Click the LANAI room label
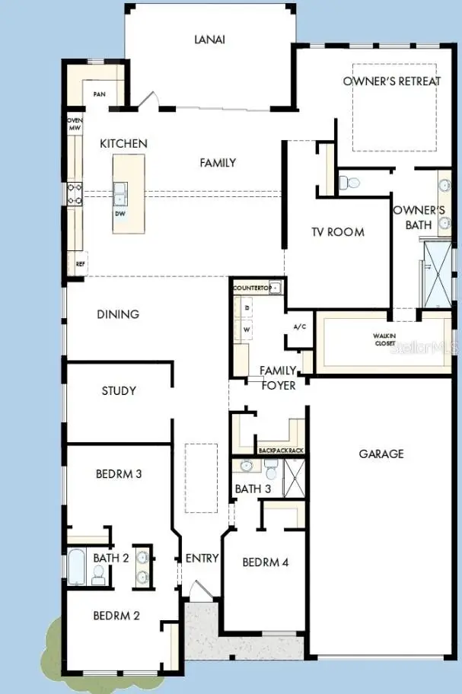pos(209,40)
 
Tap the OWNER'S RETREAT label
pos(392,81)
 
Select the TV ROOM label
pos(337,232)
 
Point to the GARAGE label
pos(381,454)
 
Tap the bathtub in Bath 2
pos(76,566)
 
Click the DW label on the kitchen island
pos(120,213)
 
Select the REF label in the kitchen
pos(81,264)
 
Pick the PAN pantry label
pos(99,94)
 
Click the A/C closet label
pos(299,326)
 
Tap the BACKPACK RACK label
pos(282,450)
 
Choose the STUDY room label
pos(119,390)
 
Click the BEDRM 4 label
pos(266,562)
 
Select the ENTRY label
pos(202,558)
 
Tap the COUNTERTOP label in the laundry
pos(252,288)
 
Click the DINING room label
pos(118,314)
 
